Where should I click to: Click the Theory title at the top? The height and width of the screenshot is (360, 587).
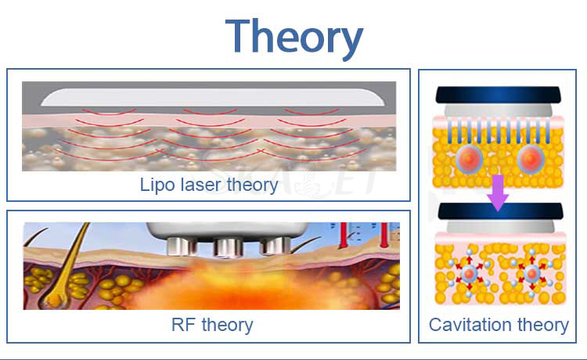(x=293, y=38)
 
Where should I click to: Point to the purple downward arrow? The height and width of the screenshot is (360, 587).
(x=498, y=193)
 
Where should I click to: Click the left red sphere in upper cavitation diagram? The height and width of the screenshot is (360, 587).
(x=470, y=160)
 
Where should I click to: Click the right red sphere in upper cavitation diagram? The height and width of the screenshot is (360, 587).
(x=531, y=160)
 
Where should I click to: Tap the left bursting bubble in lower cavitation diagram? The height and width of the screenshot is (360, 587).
(x=469, y=274)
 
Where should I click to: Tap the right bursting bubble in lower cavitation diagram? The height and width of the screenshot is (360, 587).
(x=532, y=274)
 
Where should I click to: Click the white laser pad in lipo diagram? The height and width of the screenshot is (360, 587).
(x=212, y=97)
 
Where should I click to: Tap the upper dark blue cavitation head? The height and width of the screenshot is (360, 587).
(x=498, y=95)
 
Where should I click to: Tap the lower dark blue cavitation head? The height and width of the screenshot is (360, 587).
(x=501, y=211)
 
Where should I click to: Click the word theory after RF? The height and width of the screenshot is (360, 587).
(x=227, y=325)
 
